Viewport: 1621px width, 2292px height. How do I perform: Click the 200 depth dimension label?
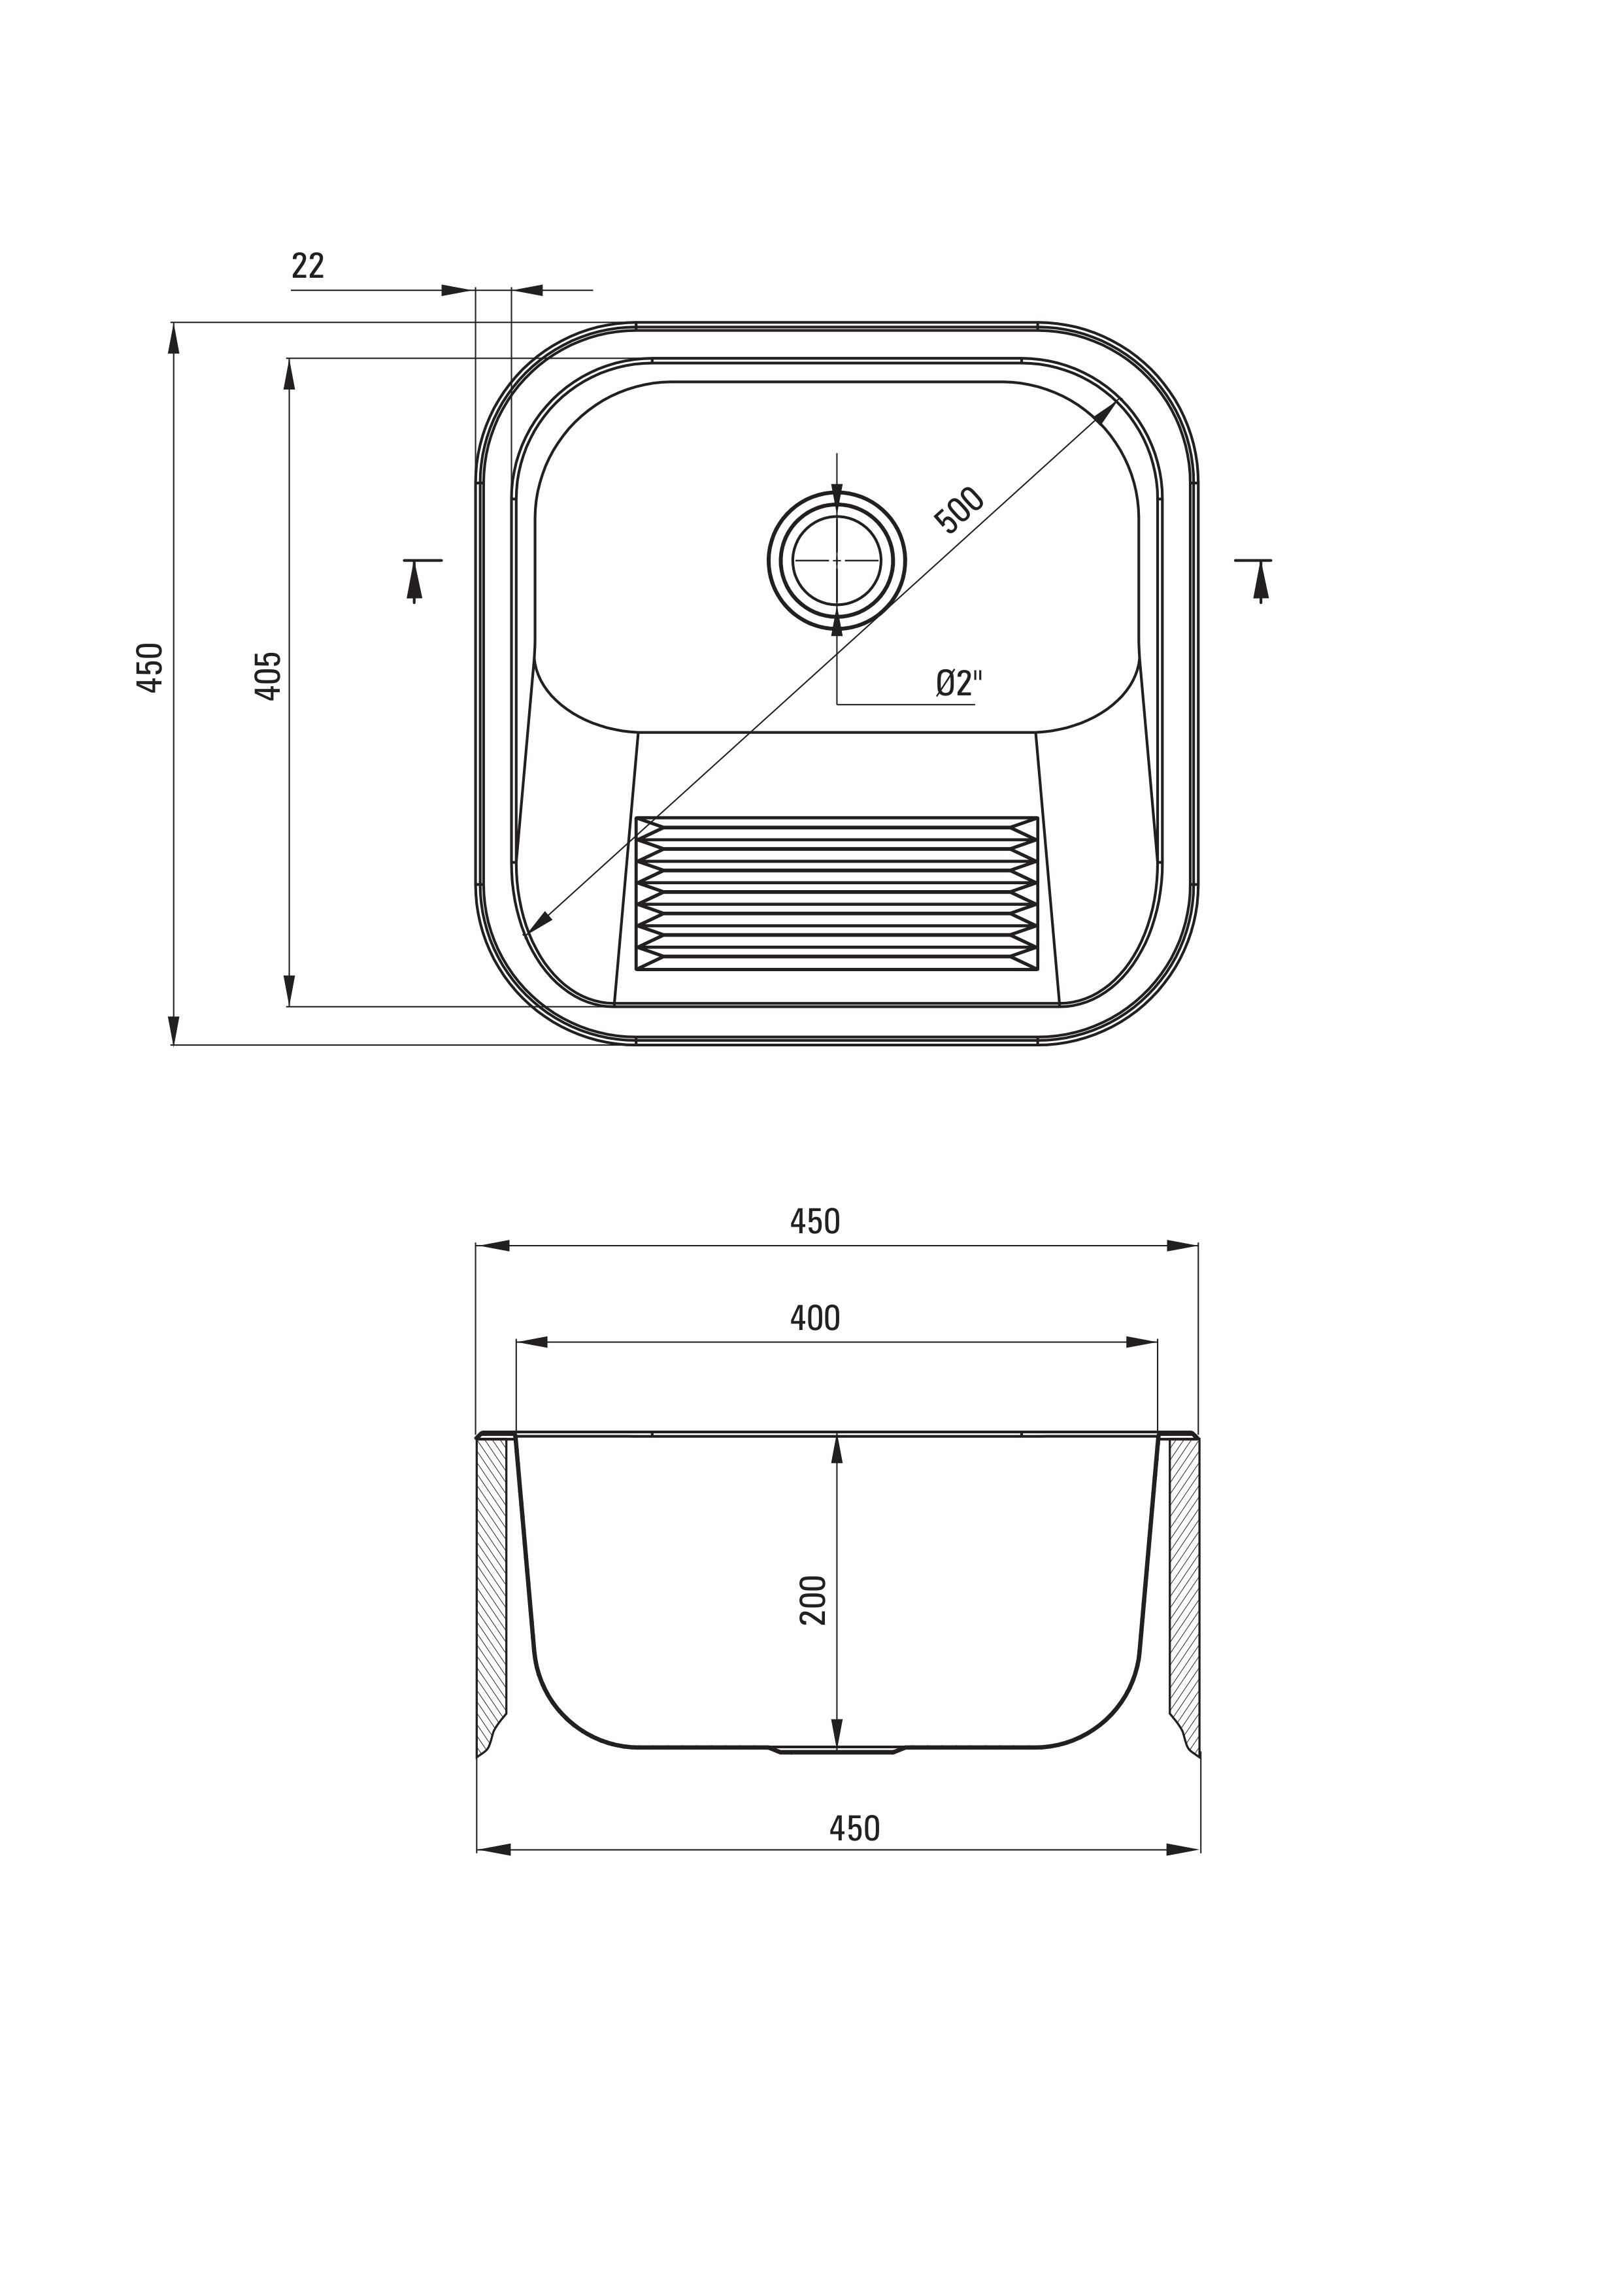(814, 1599)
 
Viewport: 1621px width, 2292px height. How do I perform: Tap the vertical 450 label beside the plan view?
(150, 668)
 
